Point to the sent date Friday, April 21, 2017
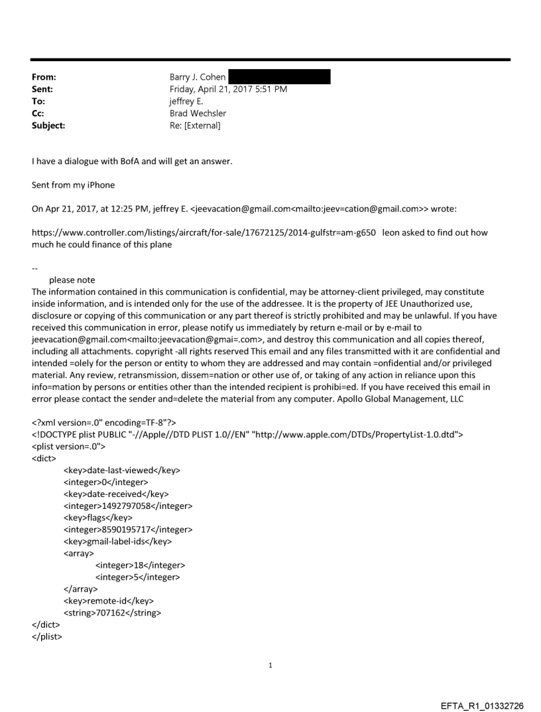point(209,89)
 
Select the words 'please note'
point(72,280)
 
